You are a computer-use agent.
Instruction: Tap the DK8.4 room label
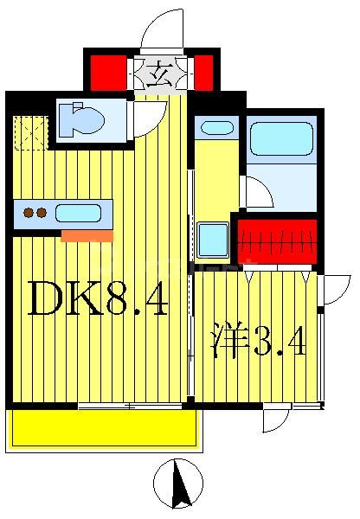(97, 298)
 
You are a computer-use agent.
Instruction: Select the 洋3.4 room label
(259, 343)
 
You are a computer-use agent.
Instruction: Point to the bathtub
(280, 138)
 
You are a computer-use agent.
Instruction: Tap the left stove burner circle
(29, 212)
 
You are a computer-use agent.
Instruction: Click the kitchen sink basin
(78, 213)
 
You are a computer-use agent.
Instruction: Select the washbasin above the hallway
(216, 128)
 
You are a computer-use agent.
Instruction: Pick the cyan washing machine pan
(212, 240)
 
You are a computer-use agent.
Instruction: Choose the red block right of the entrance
(203, 73)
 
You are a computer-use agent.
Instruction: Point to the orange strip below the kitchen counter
(87, 236)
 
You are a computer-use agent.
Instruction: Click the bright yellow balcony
(103, 428)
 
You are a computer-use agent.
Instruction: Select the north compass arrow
(179, 484)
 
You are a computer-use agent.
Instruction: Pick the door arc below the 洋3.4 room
(276, 420)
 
